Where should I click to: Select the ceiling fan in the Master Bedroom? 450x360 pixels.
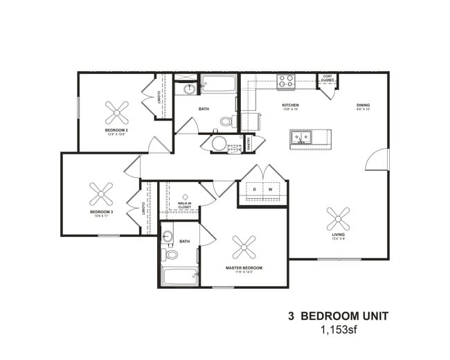(244, 246)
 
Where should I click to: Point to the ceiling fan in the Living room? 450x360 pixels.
(338, 219)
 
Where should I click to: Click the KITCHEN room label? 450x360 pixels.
(290, 105)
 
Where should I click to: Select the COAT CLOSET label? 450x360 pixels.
(327, 79)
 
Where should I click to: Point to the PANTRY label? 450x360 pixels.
(248, 143)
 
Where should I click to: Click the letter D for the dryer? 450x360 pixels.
(254, 189)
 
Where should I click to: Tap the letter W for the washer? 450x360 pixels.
(271, 189)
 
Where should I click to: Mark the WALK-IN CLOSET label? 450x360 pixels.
(184, 205)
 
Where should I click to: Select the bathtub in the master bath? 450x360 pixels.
(180, 276)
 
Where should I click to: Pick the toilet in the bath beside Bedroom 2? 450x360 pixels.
(226, 121)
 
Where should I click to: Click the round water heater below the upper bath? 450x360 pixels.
(219, 144)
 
